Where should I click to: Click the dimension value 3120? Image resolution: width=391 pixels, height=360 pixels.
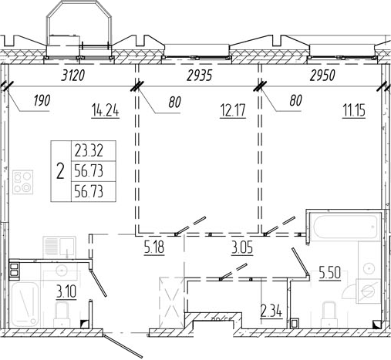pos(72,76)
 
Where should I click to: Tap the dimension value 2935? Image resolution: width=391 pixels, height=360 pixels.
pos(200,76)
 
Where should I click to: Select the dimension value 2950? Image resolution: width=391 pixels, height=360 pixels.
pos(322,76)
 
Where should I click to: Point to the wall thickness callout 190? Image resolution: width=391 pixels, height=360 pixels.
pos(42,100)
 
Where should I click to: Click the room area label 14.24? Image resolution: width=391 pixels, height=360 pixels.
pos(106,112)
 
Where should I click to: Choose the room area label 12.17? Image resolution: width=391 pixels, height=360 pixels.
pos(233,111)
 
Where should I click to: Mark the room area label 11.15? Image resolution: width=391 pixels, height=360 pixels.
pos(354,111)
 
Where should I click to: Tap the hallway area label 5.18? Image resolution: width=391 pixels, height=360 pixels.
pos(154,248)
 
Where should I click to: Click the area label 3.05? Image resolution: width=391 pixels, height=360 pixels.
pos(242,248)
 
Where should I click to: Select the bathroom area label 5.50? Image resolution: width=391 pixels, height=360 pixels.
pos(330,272)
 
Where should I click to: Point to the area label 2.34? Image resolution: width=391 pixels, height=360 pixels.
pos(271,311)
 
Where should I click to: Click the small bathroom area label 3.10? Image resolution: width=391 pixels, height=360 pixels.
pos(66,292)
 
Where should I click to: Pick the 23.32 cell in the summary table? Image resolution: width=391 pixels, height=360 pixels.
pos(89,151)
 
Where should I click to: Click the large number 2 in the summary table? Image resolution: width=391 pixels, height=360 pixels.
pos(60,171)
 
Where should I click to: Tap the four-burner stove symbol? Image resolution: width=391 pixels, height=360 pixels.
pos(23,182)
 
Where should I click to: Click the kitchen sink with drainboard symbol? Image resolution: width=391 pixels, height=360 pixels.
pos(59,246)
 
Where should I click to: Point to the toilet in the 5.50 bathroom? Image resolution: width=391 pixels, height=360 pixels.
pos(329,314)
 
